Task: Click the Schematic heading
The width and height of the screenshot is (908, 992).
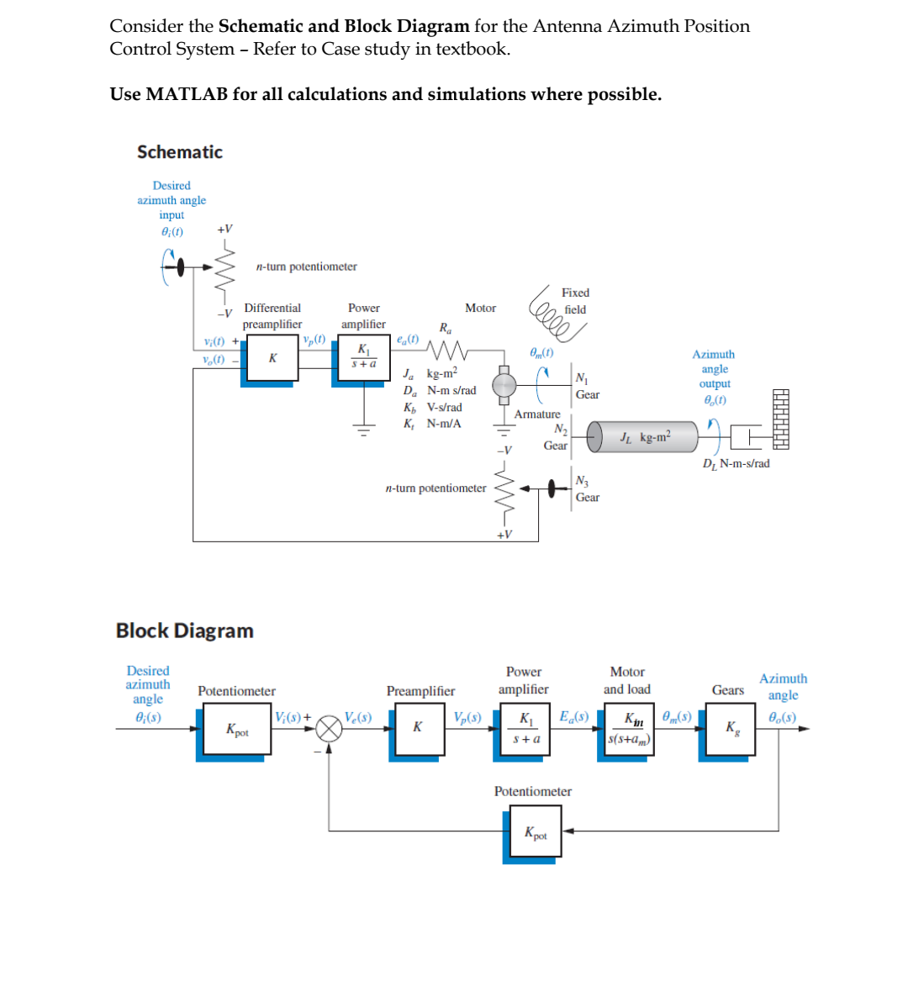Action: pyautogui.click(x=180, y=152)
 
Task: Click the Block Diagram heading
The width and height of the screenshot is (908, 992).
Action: pyautogui.click(x=185, y=631)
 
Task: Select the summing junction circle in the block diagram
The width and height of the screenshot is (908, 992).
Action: pyautogui.click(x=329, y=729)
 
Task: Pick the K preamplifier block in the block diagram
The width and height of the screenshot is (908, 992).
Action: pyautogui.click(x=417, y=730)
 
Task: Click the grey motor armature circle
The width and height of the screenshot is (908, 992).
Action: pyautogui.click(x=504, y=385)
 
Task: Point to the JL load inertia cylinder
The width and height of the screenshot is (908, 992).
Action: pyautogui.click(x=643, y=437)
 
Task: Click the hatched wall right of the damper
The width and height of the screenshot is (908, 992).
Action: pyautogui.click(x=780, y=419)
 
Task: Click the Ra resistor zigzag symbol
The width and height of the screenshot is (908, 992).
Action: pyautogui.click(x=446, y=348)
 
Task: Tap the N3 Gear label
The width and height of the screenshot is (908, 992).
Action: pyautogui.click(x=587, y=489)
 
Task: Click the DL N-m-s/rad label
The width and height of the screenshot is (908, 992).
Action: pyautogui.click(x=736, y=463)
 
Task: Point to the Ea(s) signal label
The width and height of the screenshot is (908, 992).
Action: pyautogui.click(x=574, y=716)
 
